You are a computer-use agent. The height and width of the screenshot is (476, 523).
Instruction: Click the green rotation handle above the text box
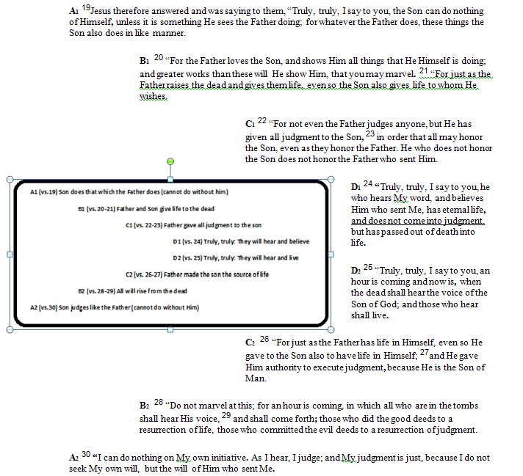[x=171, y=161]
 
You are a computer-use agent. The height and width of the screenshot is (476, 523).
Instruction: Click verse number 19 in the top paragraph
[x=85, y=7]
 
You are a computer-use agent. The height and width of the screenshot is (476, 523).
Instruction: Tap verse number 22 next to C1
[x=262, y=121]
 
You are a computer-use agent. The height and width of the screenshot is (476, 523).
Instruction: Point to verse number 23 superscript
[x=369, y=133]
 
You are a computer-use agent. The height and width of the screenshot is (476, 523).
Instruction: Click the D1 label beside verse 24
[x=356, y=186]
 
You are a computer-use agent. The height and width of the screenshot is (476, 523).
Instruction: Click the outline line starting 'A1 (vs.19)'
[x=129, y=191]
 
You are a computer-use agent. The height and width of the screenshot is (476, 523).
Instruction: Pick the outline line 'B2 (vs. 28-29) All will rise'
[x=132, y=291]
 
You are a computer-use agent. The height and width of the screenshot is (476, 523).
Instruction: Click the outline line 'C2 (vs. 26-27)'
[x=197, y=274]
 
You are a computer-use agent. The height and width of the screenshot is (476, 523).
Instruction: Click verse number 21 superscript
[x=423, y=70]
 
